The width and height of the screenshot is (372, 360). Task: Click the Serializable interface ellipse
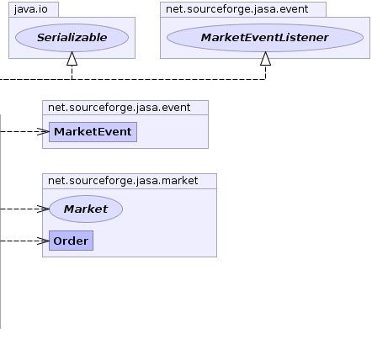coord(72,38)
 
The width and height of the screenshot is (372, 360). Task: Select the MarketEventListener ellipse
coord(265,38)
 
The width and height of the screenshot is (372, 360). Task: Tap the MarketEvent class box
coord(93,132)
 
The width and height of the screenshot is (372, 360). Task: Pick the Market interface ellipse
coord(86,209)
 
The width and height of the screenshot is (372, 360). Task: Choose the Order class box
coord(71,241)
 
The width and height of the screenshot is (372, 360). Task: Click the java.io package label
coord(31,9)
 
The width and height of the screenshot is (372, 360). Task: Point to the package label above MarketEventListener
coord(237,9)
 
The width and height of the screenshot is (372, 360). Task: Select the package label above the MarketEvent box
coord(120,108)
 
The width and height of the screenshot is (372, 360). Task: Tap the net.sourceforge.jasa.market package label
coord(123,181)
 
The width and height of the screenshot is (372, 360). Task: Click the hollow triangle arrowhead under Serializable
coord(72,59)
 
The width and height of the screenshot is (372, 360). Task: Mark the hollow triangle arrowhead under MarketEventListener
coord(266,59)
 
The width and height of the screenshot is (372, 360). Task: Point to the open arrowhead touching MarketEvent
coord(43,131)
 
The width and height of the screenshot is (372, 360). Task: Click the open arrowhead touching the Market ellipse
coord(43,209)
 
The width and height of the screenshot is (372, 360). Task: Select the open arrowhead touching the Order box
coord(43,241)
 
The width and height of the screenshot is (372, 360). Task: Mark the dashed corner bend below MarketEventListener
coord(265,79)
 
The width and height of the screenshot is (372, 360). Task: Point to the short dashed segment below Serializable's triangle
coord(72,72)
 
